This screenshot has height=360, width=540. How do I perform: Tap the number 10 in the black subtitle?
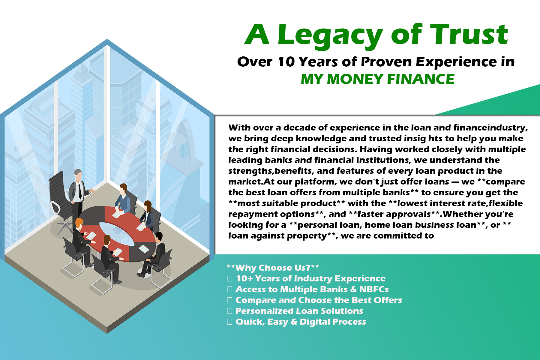click(x=286, y=62)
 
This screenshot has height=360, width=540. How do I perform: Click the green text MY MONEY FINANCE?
click(x=378, y=79)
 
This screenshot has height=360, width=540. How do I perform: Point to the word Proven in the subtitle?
click(x=386, y=62)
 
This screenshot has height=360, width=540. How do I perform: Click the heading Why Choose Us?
click(x=273, y=268)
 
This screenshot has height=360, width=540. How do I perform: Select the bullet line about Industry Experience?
click(x=310, y=278)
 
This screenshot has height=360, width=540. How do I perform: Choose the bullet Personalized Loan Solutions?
click(x=299, y=311)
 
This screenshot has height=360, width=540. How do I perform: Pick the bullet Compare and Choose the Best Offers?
click(x=319, y=300)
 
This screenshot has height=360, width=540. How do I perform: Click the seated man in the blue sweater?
click(x=123, y=199)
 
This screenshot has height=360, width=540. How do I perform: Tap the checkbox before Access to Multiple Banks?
click(x=230, y=289)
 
